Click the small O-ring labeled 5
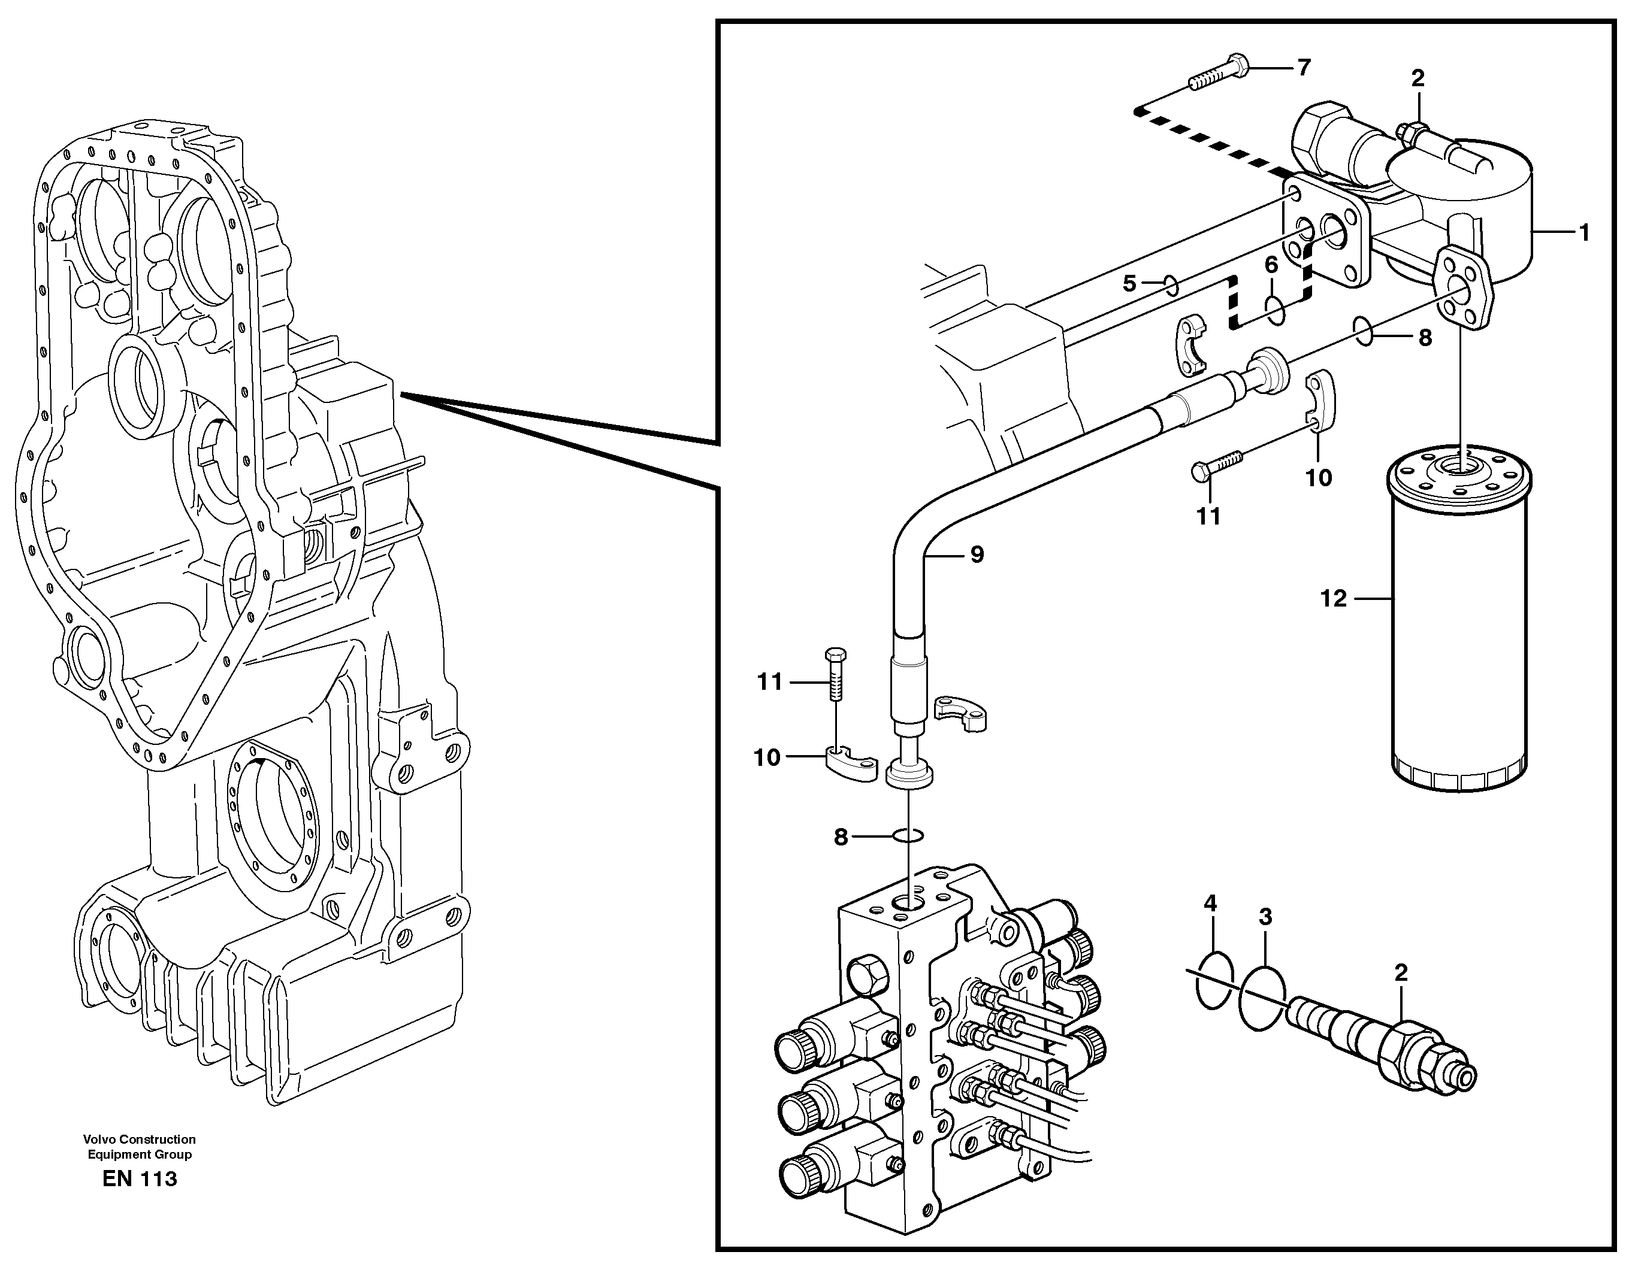(1172, 284)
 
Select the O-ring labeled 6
(1276, 310)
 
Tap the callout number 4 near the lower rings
(1210, 904)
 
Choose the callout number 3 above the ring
(1265, 916)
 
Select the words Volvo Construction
(140, 1139)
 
